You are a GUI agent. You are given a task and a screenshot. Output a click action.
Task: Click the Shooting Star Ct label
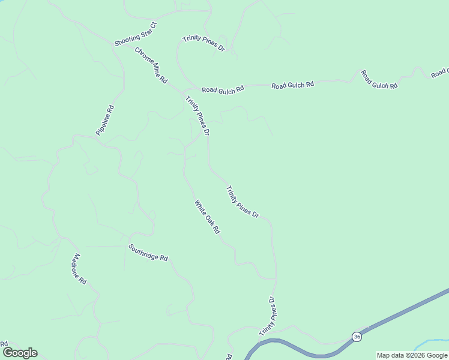click(x=136, y=34)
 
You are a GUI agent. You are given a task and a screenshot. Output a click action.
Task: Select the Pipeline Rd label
click(x=104, y=120)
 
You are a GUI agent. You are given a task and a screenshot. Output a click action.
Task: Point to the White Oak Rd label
click(x=207, y=217)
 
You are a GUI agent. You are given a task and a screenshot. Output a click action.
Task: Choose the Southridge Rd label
click(x=148, y=252)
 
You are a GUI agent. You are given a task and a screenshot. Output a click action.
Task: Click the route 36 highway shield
click(x=357, y=336)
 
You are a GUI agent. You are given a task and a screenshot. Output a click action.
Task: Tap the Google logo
click(x=20, y=353)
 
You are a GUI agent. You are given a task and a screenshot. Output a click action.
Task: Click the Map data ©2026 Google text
click(x=412, y=355)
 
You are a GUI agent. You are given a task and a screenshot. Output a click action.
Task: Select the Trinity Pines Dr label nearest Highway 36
click(x=267, y=316)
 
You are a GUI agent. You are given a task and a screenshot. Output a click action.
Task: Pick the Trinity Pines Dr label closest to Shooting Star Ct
click(x=203, y=43)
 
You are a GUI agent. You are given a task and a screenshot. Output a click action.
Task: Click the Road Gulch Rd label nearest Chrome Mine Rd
click(x=223, y=89)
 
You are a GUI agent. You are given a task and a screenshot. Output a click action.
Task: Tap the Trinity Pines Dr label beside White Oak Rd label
click(x=242, y=202)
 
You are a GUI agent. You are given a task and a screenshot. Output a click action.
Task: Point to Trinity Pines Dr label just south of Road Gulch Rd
click(x=197, y=115)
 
